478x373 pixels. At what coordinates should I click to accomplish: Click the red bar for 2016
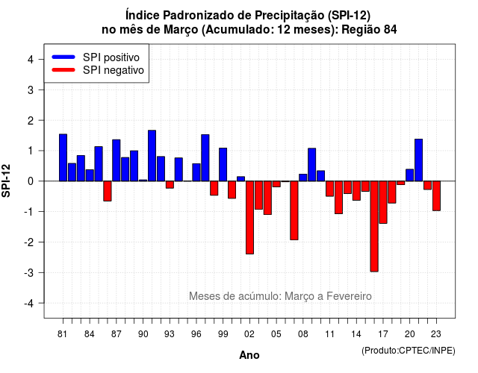[374, 226]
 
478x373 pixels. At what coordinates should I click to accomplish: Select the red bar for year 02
[249, 217]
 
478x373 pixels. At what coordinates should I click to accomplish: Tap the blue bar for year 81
[63, 157]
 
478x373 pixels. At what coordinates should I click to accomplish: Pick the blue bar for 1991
[152, 156]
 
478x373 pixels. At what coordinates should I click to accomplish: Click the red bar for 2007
[294, 210]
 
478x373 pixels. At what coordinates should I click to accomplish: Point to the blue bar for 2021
[418, 160]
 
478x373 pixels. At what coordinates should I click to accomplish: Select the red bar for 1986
[108, 191]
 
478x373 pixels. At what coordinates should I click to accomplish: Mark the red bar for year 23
[436, 195]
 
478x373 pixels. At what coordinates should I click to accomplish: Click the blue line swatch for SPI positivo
[63, 57]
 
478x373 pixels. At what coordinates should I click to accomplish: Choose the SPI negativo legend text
[113, 70]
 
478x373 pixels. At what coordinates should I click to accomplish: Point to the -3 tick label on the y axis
[29, 273]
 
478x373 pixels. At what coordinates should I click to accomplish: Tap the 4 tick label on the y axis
[31, 60]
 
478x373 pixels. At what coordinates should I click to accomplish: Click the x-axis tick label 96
[196, 334]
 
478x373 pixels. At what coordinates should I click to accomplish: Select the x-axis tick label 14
[356, 334]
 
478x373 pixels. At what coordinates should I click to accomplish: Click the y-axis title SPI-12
[6, 181]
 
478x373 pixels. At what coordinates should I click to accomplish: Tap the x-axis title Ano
[249, 355]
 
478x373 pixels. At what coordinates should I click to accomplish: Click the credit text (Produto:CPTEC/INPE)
[409, 351]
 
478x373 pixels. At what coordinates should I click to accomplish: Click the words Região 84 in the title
[369, 30]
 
